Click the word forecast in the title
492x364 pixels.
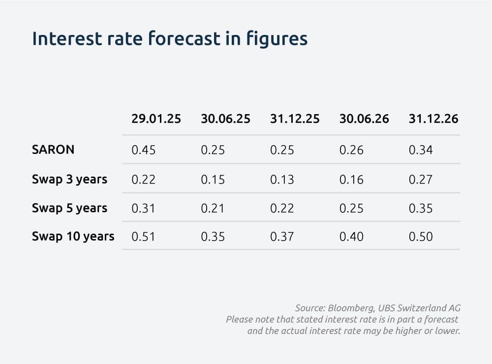pos(184,38)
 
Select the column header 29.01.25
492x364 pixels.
pos(156,119)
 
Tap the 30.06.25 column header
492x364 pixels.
pos(226,119)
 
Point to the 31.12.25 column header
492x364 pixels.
pos(295,119)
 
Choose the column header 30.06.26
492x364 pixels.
pos(364,119)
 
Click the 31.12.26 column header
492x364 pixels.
pos(433,119)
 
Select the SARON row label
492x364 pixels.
pos(53,150)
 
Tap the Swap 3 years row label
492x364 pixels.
pos(70,180)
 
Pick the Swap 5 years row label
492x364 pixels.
pos(70,209)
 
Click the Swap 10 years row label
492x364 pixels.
pos(73,237)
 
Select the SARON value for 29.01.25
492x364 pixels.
pos(143,150)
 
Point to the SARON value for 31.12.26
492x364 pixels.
pos(421,150)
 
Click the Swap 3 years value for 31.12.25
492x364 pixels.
pos(282,180)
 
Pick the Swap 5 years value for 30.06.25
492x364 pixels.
pos(213,209)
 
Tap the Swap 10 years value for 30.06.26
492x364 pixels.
pos(351,237)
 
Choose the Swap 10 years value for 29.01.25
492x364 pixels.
pos(143,237)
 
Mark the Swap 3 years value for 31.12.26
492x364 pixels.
pos(421,180)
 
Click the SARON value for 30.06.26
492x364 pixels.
pos(351,150)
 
